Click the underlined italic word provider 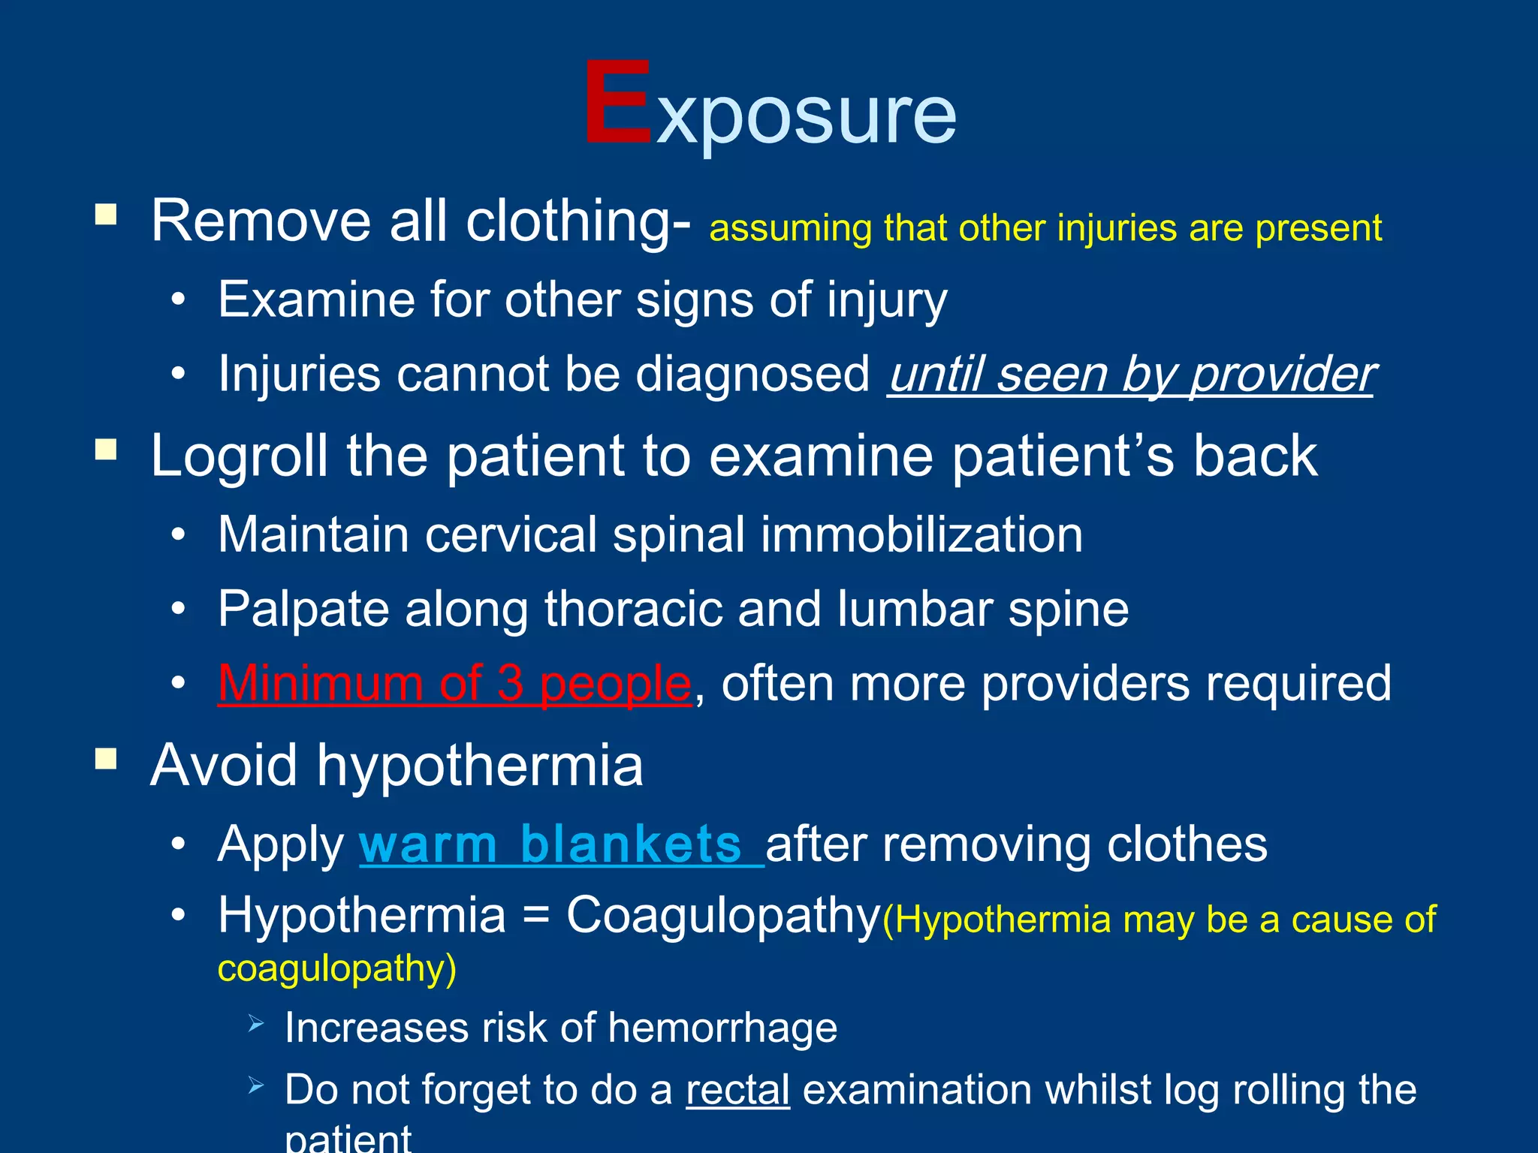tap(1283, 374)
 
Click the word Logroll tap(239, 456)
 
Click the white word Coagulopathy tap(722, 917)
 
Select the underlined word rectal tap(737, 1090)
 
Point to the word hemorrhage tap(722, 1027)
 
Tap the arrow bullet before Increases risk tap(256, 1022)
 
